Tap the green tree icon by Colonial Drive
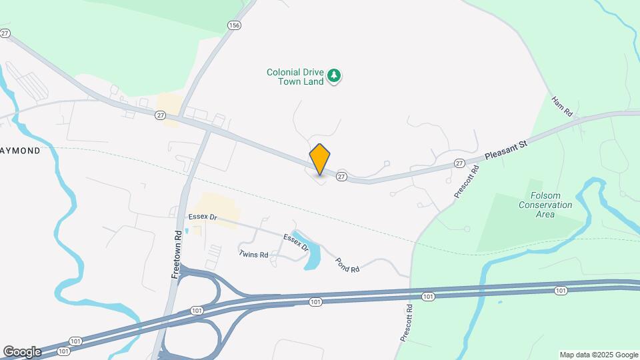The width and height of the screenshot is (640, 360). coord(335,77)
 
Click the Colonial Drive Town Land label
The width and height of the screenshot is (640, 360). coord(295,77)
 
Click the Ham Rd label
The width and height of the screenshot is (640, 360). coord(562,107)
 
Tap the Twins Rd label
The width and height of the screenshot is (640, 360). coord(253,254)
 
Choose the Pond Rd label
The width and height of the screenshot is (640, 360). coord(347,264)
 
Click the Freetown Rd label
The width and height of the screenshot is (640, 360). coord(177,254)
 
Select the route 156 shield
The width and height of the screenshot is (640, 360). coord(233,25)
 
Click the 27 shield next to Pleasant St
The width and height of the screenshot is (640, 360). coord(459,163)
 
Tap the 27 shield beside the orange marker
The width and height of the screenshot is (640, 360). coord(341,176)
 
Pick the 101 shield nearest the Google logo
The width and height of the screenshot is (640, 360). coord(63,351)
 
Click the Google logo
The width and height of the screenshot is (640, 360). coord(21,351)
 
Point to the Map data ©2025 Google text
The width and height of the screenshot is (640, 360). coord(599,355)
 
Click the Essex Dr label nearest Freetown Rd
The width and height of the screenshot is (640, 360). coord(203,217)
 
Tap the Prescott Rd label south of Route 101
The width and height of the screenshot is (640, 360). coord(407,323)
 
